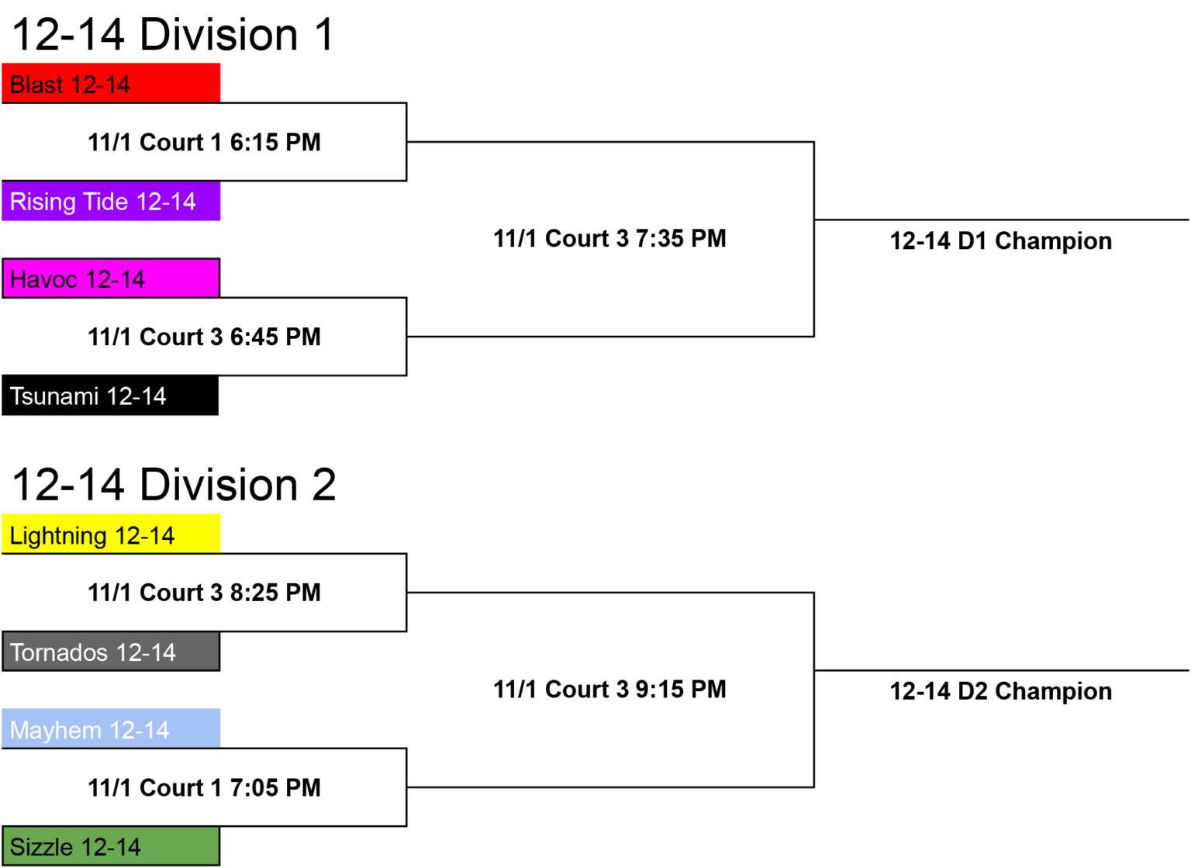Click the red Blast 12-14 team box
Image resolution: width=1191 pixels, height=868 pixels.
point(111,83)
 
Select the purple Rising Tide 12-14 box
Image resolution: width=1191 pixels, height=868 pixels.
point(111,201)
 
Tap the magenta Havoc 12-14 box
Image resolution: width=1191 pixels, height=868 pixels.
point(111,278)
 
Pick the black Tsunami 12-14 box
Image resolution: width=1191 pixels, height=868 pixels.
point(110,396)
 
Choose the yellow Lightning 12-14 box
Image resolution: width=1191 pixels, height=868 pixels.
point(111,534)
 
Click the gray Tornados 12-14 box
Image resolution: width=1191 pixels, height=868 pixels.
point(111,652)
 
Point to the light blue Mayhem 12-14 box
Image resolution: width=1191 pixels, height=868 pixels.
point(111,728)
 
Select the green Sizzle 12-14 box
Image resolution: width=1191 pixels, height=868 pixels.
point(111,846)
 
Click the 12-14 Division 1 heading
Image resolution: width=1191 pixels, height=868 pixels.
point(174,35)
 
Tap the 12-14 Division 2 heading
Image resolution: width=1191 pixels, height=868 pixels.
point(174,485)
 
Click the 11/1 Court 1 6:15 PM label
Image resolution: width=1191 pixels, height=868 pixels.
point(204,143)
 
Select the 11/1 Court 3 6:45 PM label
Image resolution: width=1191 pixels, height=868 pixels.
point(204,337)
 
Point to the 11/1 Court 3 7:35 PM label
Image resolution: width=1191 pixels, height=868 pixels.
point(610,239)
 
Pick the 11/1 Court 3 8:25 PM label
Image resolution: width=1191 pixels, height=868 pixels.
point(204,593)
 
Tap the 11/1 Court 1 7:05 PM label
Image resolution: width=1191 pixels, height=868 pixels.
point(204,788)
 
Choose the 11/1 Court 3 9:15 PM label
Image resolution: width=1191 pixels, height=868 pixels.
point(610,690)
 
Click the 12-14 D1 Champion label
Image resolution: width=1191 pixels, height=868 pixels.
point(1001,241)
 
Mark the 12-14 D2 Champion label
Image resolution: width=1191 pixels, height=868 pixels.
point(1001,691)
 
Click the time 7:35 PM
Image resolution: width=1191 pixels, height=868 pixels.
point(681,239)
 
